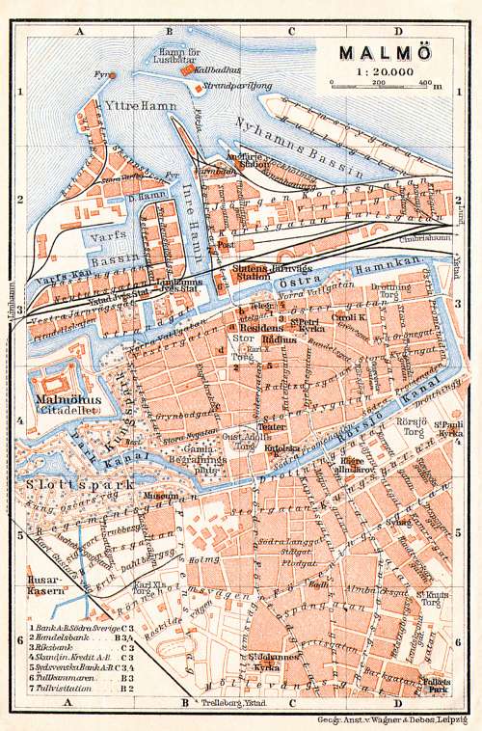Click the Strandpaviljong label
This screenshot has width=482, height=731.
tap(242, 86)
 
